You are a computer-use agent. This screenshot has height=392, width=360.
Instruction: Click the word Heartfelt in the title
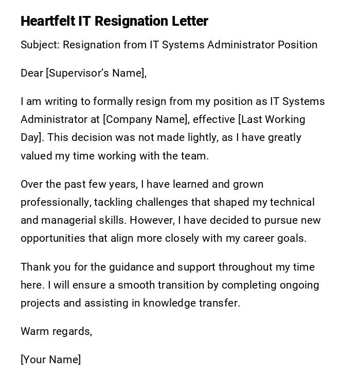tap(48, 21)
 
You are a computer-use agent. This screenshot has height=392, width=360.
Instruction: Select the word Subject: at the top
tap(40, 45)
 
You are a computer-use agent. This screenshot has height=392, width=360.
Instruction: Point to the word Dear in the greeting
tap(32, 73)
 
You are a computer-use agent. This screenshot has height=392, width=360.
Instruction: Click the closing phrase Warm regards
tap(56, 331)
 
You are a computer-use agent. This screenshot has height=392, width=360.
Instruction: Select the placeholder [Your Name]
tap(50, 360)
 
